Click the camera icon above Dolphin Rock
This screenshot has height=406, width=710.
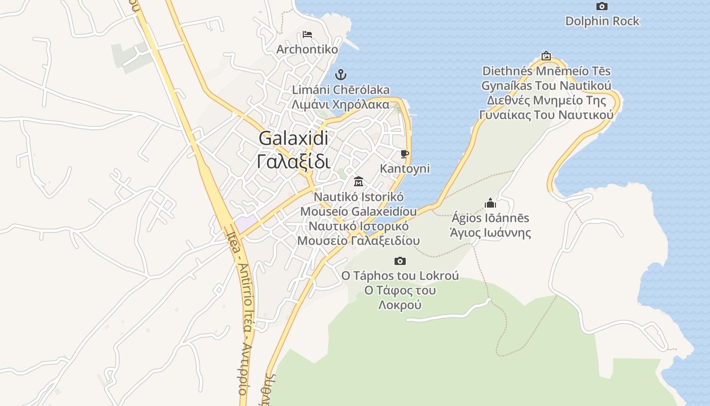(x=602, y=7)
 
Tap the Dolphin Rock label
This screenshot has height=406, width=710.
(x=602, y=21)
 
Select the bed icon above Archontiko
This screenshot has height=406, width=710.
(x=307, y=35)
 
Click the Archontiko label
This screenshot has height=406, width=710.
(x=307, y=49)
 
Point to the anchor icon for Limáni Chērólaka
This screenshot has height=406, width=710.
(x=340, y=75)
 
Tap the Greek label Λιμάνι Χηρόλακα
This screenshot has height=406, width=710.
(x=340, y=105)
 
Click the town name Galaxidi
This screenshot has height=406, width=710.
(x=294, y=138)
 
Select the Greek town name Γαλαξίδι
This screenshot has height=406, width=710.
(x=294, y=162)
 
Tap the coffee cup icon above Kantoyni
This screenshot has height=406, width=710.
(x=404, y=154)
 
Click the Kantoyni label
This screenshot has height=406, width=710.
(x=404, y=168)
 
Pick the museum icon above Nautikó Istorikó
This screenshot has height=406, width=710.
(x=359, y=181)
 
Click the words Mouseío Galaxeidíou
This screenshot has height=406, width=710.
(x=359, y=211)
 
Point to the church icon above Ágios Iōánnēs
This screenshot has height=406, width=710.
(x=490, y=204)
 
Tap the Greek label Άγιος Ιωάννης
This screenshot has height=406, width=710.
(x=490, y=233)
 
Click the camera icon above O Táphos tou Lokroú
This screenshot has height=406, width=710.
(x=400, y=261)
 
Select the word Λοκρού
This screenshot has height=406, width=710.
(x=400, y=306)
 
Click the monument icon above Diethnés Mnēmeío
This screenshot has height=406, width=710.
(x=546, y=56)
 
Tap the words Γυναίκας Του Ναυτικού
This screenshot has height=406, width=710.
(x=546, y=115)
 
